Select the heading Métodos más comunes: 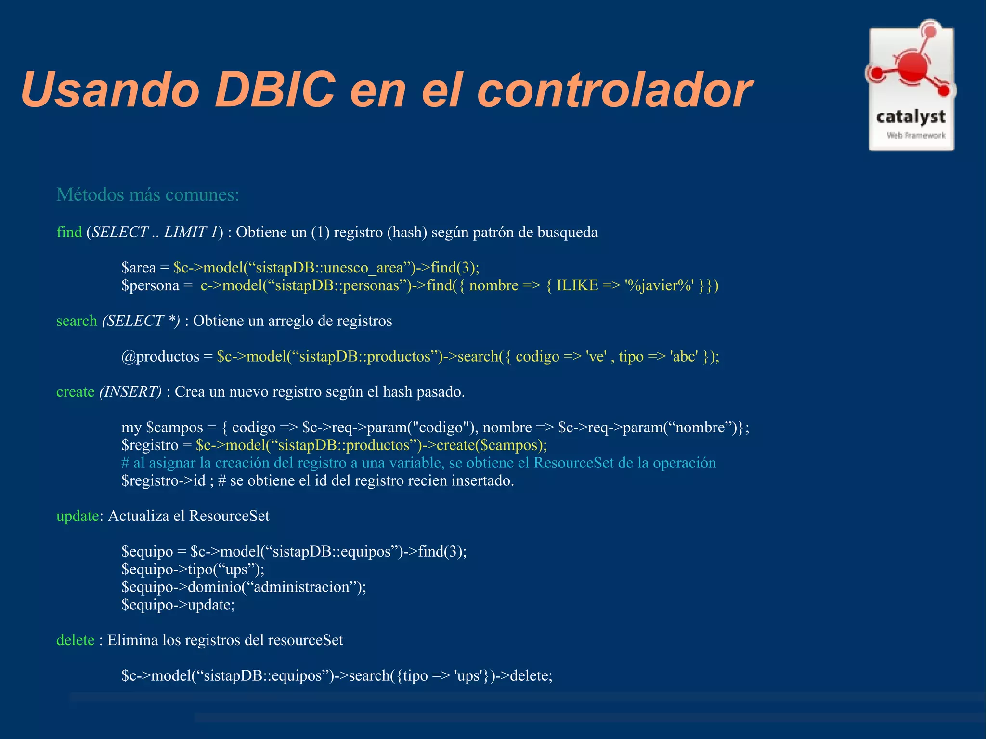(x=148, y=195)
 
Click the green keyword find (x=69, y=232)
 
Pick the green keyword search (x=77, y=321)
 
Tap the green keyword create (x=75, y=391)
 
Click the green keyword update (x=78, y=516)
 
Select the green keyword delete (x=75, y=640)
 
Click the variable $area (x=139, y=267)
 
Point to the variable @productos (x=160, y=356)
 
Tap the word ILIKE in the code (x=577, y=285)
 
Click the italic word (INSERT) (x=130, y=391)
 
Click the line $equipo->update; (x=178, y=605)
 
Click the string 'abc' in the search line (x=684, y=356)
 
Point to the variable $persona (x=150, y=285)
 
